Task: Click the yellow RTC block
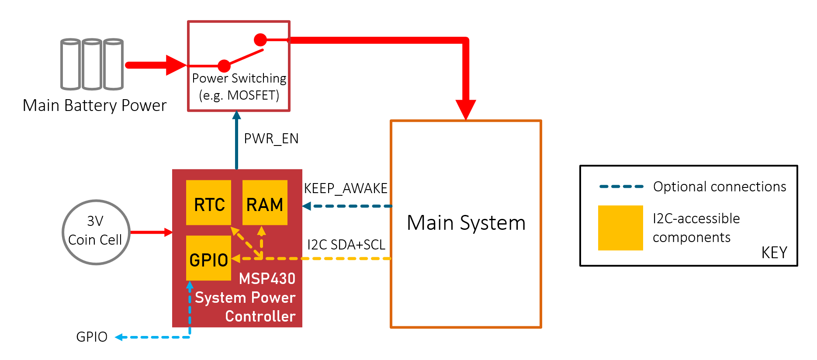[208, 203]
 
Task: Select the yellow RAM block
[265, 203]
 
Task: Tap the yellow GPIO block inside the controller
[208, 258]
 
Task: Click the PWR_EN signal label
[271, 139]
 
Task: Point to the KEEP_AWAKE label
[346, 188]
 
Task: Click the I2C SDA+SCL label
[346, 245]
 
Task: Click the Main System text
[466, 223]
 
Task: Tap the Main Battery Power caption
[95, 106]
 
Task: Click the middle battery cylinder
[92, 64]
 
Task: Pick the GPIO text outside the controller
[92, 337]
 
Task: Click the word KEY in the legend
[774, 253]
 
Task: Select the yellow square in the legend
[620, 228]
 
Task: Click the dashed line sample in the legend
[621, 187]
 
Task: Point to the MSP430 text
[267, 279]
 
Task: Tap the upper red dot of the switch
[260, 40]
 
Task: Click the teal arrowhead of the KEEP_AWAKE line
[307, 206]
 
